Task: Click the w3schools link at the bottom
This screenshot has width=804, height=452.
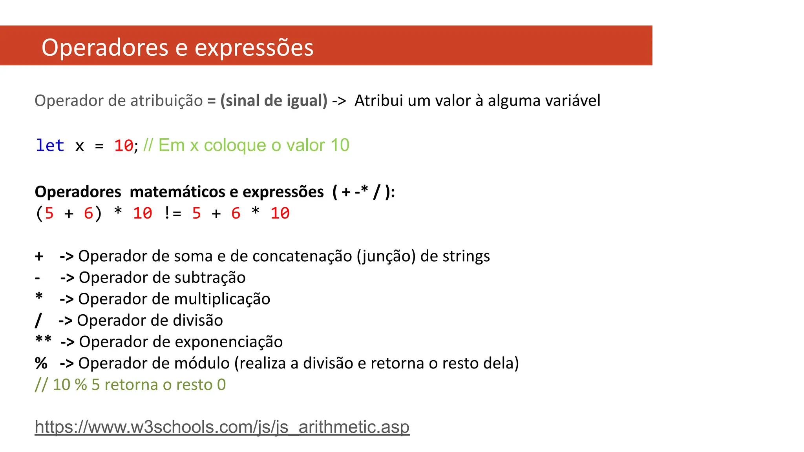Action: [222, 427]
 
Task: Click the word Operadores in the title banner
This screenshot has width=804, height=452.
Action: [105, 47]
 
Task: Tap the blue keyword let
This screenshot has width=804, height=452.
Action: [50, 146]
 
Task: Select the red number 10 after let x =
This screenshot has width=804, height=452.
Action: [124, 146]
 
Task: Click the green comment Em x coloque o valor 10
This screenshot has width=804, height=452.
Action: [246, 146]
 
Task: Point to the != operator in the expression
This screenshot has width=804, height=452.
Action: [172, 213]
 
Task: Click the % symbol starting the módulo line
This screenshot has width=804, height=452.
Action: [41, 363]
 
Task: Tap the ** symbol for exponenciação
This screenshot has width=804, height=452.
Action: [43, 340]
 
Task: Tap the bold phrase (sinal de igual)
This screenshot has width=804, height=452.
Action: [274, 101]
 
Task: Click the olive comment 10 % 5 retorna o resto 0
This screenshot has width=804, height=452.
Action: [130, 385]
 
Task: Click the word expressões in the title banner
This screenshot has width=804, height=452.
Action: [254, 47]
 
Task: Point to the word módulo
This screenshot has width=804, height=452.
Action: [202, 363]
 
